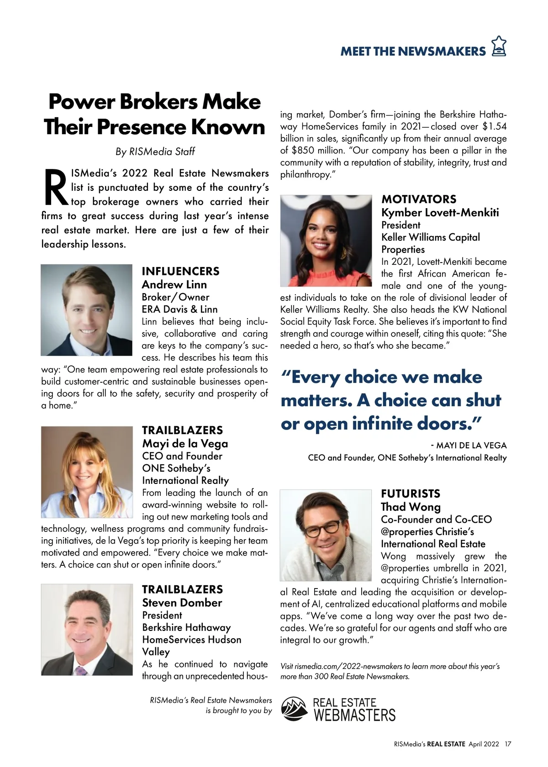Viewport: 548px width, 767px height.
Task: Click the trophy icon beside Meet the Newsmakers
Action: (499, 47)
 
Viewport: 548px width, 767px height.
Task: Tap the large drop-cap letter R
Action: (55, 188)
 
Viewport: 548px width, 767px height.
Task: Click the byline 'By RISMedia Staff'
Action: (155, 152)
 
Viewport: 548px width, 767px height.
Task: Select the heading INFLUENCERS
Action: (180, 271)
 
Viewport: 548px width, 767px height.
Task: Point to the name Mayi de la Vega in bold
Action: (185, 443)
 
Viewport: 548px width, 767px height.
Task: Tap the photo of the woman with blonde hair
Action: (86, 472)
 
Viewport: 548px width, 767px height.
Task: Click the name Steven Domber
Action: (182, 603)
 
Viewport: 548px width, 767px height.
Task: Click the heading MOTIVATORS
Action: (419, 199)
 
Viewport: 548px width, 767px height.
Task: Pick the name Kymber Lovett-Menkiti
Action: (440, 212)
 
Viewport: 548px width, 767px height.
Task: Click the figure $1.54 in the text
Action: (495, 126)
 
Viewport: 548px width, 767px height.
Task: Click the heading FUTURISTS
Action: (411, 494)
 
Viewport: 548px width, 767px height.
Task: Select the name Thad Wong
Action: (411, 507)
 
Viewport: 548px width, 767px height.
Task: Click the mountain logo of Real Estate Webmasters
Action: (295, 708)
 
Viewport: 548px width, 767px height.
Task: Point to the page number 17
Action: (508, 744)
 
